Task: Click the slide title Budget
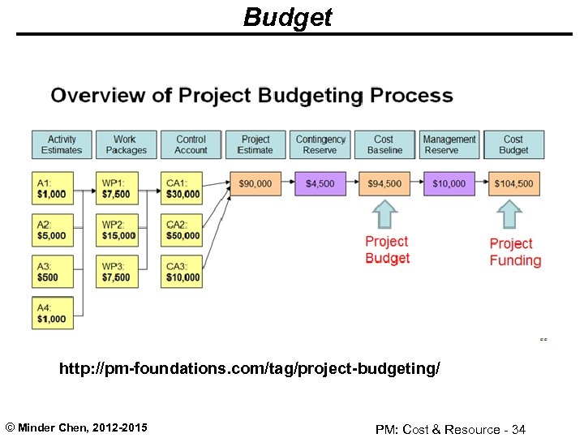coord(287,17)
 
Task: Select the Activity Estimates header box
coord(62,144)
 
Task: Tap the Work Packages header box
coord(125,144)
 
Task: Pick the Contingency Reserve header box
coord(320,144)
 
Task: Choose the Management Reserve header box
coord(449,144)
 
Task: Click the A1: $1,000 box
coord(52,188)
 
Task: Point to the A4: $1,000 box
coord(52,313)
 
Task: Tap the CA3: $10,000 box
coord(182,272)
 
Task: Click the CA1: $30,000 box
coord(182,188)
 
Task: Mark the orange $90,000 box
coord(255,183)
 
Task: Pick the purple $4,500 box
coord(320,183)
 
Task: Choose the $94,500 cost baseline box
coord(384,183)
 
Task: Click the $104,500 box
coord(513,183)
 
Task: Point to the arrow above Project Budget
coord(385,214)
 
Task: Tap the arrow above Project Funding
coord(510,215)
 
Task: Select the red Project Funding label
coord(515,252)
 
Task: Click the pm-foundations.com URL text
coord(250,369)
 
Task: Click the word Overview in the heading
coord(101,96)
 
